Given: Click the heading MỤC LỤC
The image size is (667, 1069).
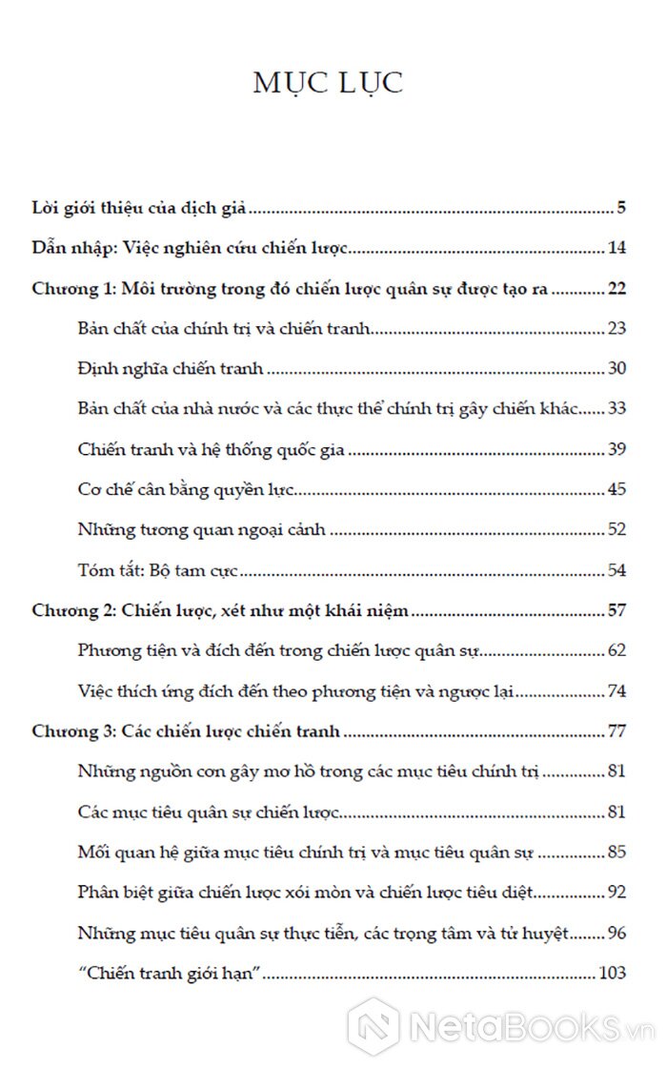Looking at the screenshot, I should pyautogui.click(x=328, y=82).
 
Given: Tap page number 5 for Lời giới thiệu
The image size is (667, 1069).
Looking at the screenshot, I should pyautogui.click(x=620, y=207).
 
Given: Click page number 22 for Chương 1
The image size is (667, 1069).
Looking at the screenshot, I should pyautogui.click(x=616, y=289).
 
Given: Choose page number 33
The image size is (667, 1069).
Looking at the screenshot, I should pyautogui.click(x=616, y=408).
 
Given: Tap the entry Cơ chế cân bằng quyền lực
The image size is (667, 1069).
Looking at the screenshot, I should pyautogui.click(x=188, y=489).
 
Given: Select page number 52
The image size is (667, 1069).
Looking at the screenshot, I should pyautogui.click(x=616, y=530).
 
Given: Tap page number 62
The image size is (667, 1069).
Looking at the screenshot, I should pyautogui.click(x=616, y=651).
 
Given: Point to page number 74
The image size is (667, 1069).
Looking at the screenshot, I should pyautogui.click(x=616, y=692).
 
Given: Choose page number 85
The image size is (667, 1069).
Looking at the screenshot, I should pyautogui.click(x=616, y=853).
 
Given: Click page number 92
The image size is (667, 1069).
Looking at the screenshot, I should pyautogui.click(x=616, y=894).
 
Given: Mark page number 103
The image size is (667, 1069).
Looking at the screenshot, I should pyautogui.click(x=612, y=974).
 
